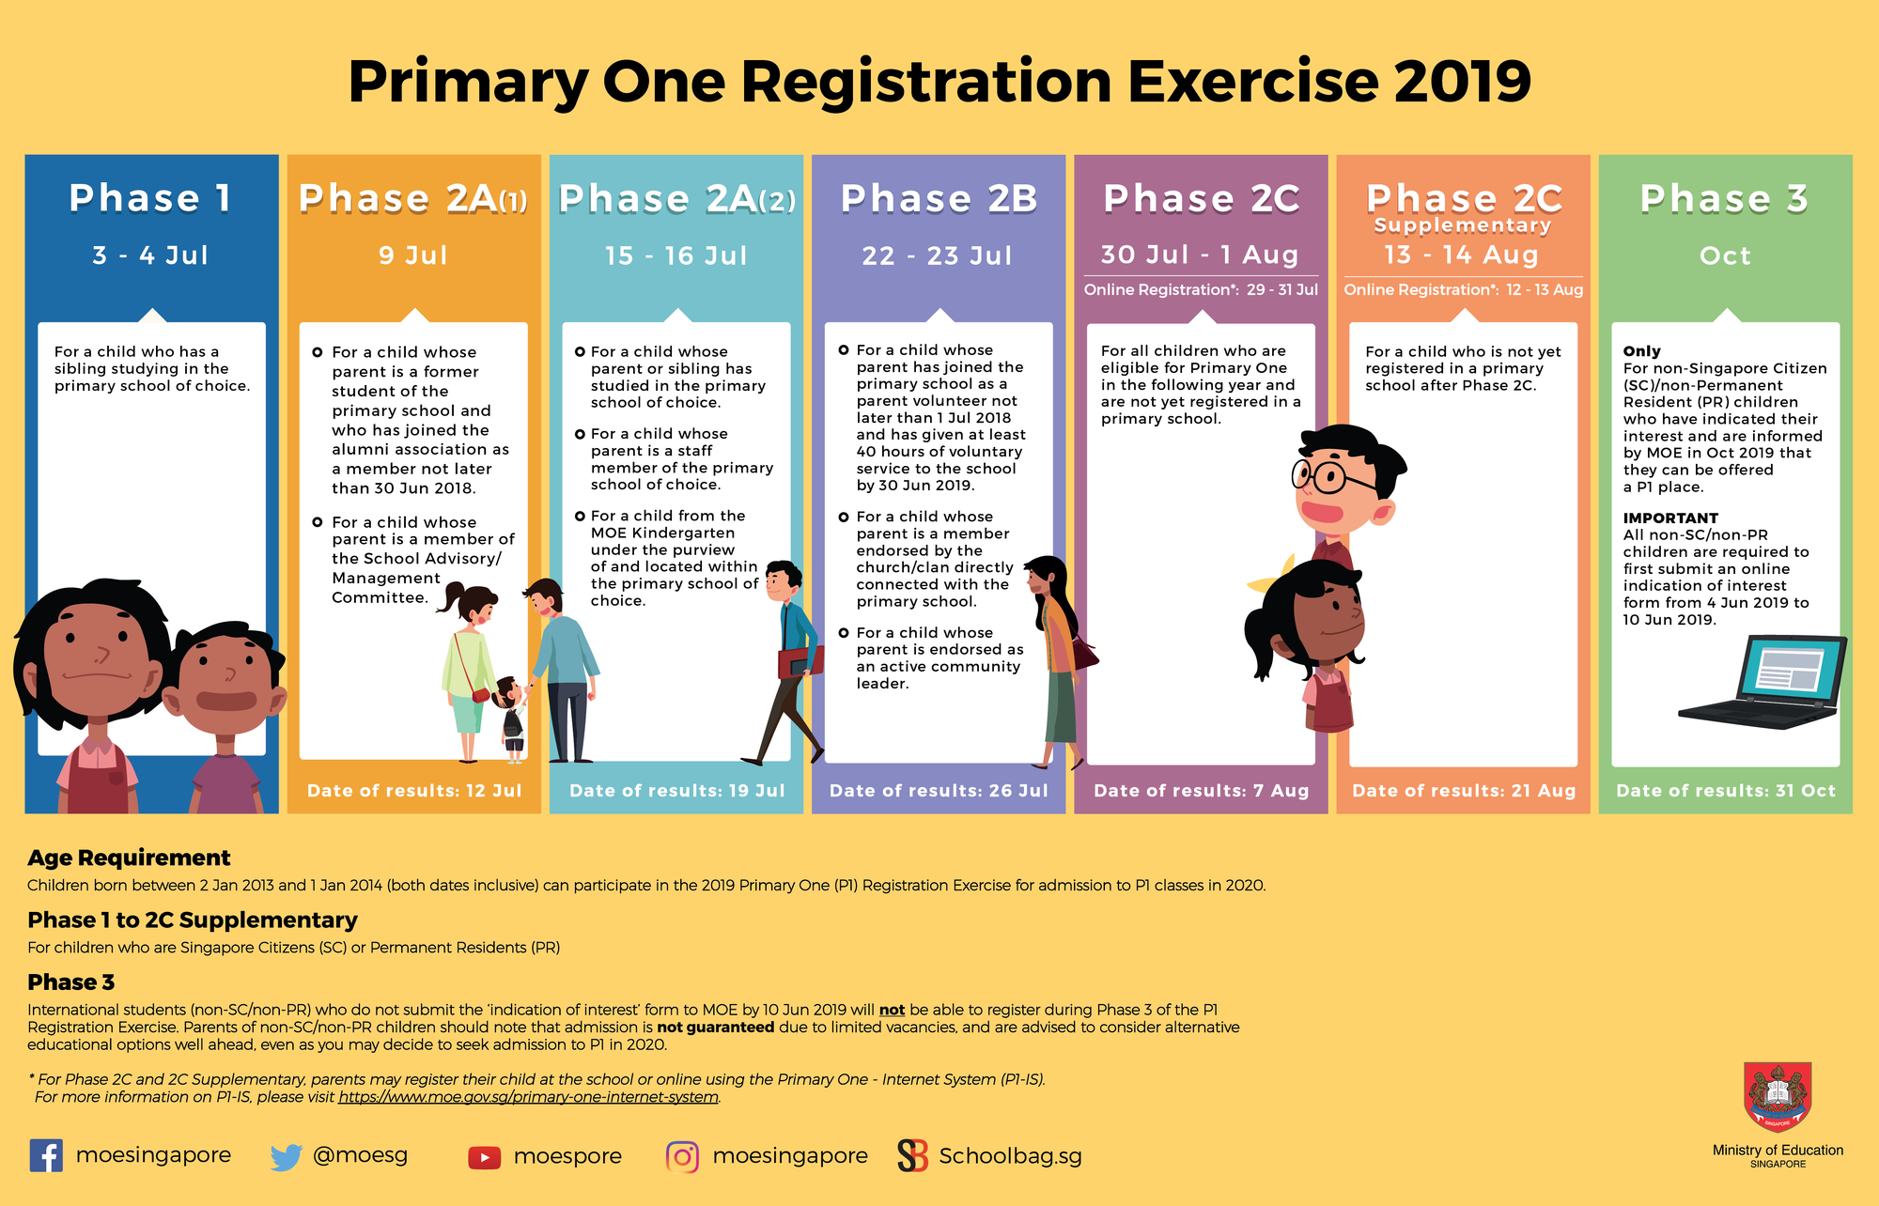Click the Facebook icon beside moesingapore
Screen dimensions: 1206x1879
point(46,1155)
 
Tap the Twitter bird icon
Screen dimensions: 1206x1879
point(286,1156)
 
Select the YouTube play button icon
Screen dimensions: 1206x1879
point(484,1157)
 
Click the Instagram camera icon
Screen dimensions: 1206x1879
point(683,1157)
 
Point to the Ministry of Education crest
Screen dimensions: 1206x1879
point(1778,1097)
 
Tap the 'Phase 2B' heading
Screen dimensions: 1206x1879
point(939,199)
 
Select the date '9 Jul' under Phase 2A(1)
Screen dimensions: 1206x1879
point(413,255)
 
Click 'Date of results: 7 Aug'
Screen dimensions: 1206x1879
point(1201,791)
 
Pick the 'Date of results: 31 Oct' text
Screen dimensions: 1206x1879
point(1725,791)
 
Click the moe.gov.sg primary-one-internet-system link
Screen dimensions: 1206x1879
point(528,1097)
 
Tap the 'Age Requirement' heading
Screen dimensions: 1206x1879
point(129,858)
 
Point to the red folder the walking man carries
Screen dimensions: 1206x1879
point(800,661)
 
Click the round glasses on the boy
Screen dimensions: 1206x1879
point(1324,475)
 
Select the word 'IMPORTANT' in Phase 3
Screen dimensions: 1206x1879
point(1670,518)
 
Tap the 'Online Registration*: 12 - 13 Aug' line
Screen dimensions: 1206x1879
point(1463,290)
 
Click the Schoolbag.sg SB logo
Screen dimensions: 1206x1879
point(912,1156)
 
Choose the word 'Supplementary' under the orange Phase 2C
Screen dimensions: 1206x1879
point(1462,225)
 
